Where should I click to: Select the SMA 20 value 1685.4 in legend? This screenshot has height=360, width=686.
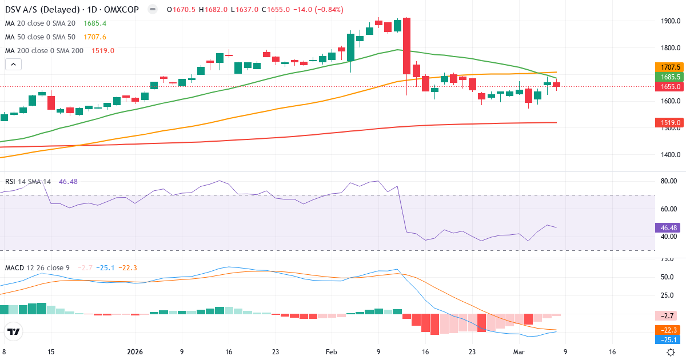coord(95,23)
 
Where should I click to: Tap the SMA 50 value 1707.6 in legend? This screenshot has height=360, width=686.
coord(95,37)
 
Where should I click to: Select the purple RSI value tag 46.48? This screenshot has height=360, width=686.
coord(667,227)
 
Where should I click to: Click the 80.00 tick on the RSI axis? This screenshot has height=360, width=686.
coord(668,181)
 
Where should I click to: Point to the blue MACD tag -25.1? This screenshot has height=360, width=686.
coord(668,340)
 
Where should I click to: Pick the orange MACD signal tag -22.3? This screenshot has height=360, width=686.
coord(668,330)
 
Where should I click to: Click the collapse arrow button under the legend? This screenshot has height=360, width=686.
coord(13,65)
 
